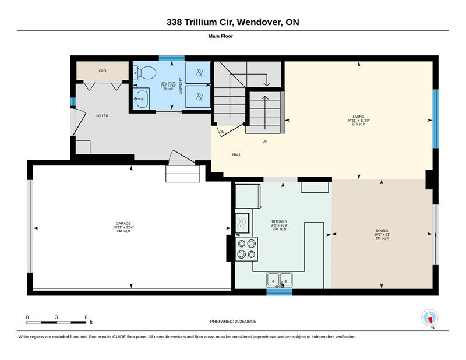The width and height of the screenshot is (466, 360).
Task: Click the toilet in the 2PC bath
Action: coord(144,73)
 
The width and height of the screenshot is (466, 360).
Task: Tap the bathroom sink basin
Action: coord(142,98)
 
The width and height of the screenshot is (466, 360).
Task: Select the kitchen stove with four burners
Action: coord(246,249)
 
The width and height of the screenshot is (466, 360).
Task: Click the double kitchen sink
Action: coord(280,280)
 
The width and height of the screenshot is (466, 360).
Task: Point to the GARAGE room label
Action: coord(123,224)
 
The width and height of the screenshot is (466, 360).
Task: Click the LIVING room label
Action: coord(358,117)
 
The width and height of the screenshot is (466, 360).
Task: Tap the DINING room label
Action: coord(382,231)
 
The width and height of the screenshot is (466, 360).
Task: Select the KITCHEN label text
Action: coord(280,221)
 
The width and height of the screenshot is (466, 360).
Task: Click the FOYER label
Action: coord(103,116)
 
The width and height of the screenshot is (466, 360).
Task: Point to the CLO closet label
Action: coord(103,70)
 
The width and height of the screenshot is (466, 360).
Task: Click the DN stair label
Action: coord(222,132)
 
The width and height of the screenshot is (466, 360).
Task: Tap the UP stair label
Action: coord(265,142)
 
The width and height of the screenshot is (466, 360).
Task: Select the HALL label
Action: coord(236,154)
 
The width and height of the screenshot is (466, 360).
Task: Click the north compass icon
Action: coord(430,318)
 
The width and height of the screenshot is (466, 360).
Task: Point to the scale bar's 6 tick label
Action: coord(86,317)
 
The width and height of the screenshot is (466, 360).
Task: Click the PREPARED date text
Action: coord(232,322)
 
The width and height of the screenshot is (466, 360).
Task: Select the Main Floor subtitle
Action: coord(221,36)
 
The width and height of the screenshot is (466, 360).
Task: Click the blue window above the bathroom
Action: coord(171,58)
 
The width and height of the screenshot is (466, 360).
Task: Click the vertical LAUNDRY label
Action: coord(181,86)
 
